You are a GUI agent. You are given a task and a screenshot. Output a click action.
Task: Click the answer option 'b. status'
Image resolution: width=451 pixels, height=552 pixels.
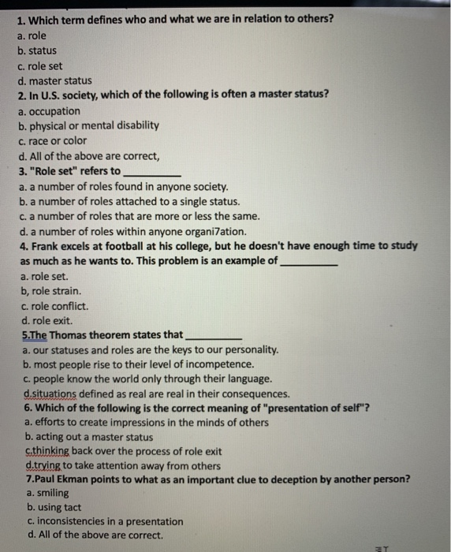(x=38, y=50)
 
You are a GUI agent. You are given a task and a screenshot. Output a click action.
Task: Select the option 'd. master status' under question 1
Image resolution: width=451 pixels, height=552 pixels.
(x=54, y=80)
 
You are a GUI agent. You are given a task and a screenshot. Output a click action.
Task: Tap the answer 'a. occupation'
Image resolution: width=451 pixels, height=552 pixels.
(x=49, y=110)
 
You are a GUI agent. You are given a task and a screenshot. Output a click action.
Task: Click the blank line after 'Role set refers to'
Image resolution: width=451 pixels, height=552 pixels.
(x=153, y=172)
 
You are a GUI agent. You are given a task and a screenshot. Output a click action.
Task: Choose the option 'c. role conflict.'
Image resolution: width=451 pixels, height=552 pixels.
(x=55, y=306)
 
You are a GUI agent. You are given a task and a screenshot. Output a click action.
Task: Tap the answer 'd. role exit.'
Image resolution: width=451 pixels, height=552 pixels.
(x=47, y=320)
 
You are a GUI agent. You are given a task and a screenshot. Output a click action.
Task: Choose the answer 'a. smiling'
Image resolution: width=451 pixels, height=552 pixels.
(x=47, y=493)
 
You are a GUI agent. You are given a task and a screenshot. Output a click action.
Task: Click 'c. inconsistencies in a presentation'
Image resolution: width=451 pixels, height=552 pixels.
(x=104, y=522)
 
